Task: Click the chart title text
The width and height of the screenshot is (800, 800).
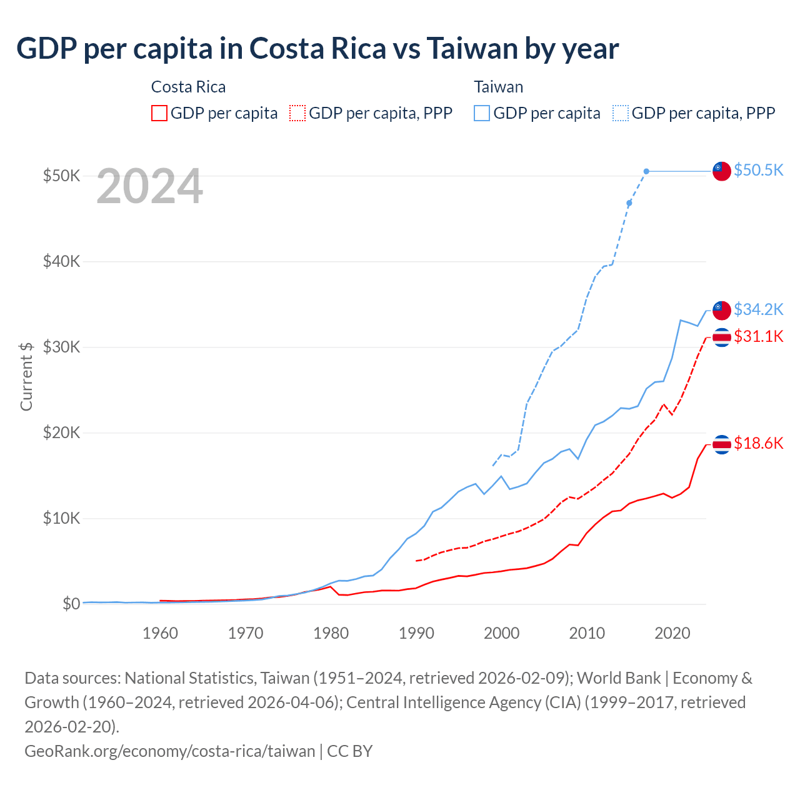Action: (317, 48)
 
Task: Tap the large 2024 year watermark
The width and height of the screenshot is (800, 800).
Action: (149, 186)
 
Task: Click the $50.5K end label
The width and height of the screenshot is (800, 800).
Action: (758, 170)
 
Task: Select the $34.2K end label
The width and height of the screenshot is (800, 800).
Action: (758, 309)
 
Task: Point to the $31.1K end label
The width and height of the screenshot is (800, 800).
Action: (758, 336)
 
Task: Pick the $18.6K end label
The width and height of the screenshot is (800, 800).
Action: (758, 443)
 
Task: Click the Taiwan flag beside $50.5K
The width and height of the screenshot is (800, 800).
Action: (722, 171)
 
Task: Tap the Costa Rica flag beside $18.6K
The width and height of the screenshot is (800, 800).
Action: (722, 444)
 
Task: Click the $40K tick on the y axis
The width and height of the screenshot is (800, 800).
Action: (61, 261)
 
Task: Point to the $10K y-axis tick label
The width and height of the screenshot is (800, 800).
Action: (61, 518)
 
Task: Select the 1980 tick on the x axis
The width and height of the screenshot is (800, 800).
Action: (331, 633)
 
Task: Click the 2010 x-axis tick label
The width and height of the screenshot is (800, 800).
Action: (587, 633)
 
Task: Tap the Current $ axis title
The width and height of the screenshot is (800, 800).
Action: (26, 376)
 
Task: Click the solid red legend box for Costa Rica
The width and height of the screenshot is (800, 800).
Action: (159, 113)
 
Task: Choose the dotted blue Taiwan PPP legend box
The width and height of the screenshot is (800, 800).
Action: (621, 113)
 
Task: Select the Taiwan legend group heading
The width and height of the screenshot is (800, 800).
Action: (498, 87)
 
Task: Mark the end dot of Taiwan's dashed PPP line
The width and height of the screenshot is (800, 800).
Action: (646, 171)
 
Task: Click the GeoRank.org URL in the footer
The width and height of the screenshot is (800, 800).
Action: (169, 751)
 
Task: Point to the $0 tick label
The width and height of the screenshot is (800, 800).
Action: (71, 604)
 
